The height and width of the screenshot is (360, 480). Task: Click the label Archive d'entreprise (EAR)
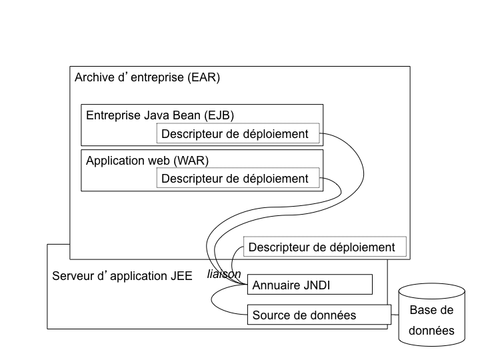[147, 77]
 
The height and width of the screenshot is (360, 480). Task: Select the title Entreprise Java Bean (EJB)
[160, 115]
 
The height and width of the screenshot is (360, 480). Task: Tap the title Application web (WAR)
[152, 161]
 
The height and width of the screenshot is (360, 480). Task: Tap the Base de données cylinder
[431, 319]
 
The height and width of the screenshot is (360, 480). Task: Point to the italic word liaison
[224, 274]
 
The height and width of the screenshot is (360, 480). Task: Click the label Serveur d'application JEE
[122, 275]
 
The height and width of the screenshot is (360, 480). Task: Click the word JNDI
[317, 285]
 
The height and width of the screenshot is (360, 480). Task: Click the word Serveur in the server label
[73, 275]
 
